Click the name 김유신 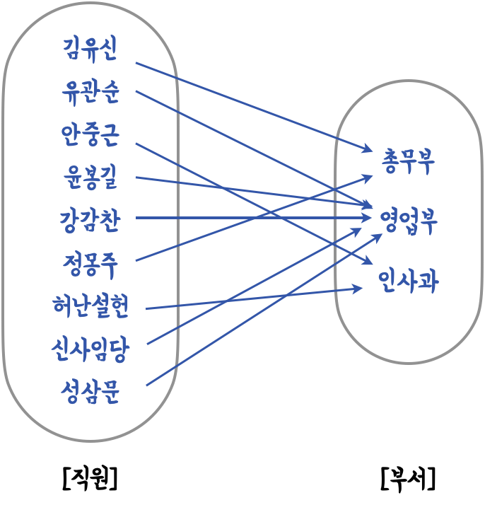tap(90, 50)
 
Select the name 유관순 tap(90, 93)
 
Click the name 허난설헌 tap(90, 307)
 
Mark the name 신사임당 tap(90, 349)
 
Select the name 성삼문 tap(90, 391)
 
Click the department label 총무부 tap(408, 161)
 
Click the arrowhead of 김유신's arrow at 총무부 tap(367, 149)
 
